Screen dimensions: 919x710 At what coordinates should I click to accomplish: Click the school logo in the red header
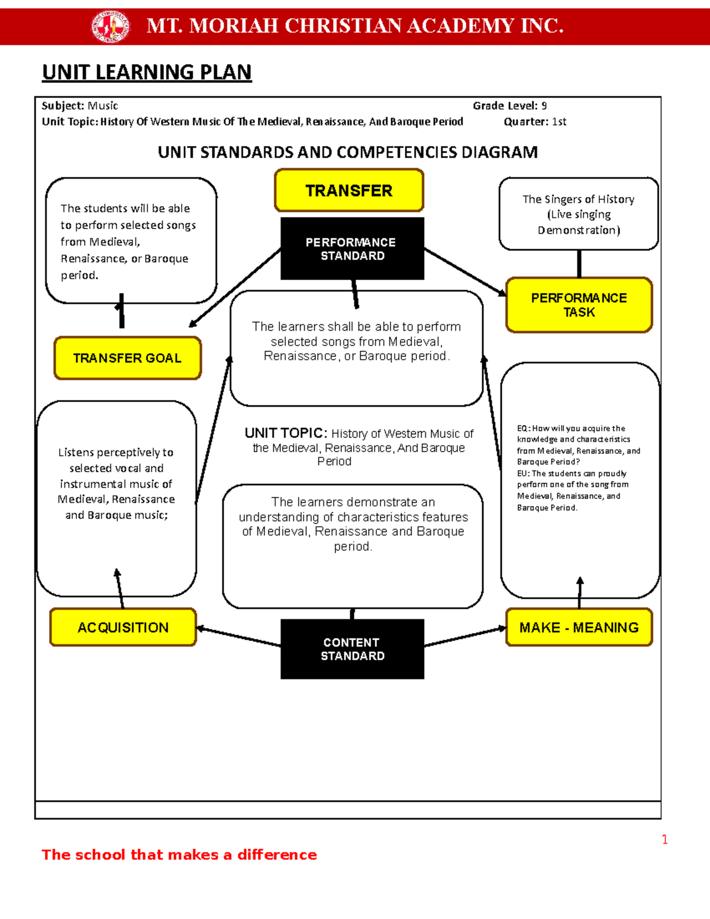pyautogui.click(x=110, y=26)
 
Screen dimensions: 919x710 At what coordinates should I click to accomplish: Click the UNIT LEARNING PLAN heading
pyautogui.click(x=147, y=72)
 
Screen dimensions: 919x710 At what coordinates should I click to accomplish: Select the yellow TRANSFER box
pyautogui.click(x=349, y=191)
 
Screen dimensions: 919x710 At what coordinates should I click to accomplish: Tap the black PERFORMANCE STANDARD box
pyautogui.click(x=352, y=249)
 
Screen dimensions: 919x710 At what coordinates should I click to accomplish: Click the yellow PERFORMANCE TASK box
pyautogui.click(x=579, y=305)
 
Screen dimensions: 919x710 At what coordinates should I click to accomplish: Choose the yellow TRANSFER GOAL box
pyautogui.click(x=127, y=358)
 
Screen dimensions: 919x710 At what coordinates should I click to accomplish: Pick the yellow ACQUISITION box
pyautogui.click(x=123, y=627)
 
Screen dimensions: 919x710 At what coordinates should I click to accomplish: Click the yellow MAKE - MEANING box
pyautogui.click(x=579, y=627)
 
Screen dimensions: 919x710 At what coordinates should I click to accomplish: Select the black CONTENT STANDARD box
pyautogui.click(x=352, y=649)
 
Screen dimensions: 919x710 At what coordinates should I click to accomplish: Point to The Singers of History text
pyautogui.click(x=578, y=199)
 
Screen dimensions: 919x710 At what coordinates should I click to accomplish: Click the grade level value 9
pyautogui.click(x=544, y=106)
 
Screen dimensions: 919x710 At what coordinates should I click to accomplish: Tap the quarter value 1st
pyautogui.click(x=559, y=122)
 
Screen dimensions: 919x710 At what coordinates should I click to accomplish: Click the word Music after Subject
pyautogui.click(x=103, y=106)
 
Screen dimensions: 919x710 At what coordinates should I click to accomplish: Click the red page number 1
pyautogui.click(x=664, y=839)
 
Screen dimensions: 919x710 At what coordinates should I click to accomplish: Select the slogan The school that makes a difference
pyautogui.click(x=179, y=854)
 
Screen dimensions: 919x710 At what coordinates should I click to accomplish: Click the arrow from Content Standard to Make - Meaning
pyautogui.click(x=465, y=637)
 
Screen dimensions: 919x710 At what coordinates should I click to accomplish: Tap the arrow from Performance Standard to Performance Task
pyautogui.click(x=465, y=272)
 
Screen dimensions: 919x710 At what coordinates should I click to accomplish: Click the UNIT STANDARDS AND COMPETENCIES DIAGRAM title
pyautogui.click(x=348, y=153)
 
